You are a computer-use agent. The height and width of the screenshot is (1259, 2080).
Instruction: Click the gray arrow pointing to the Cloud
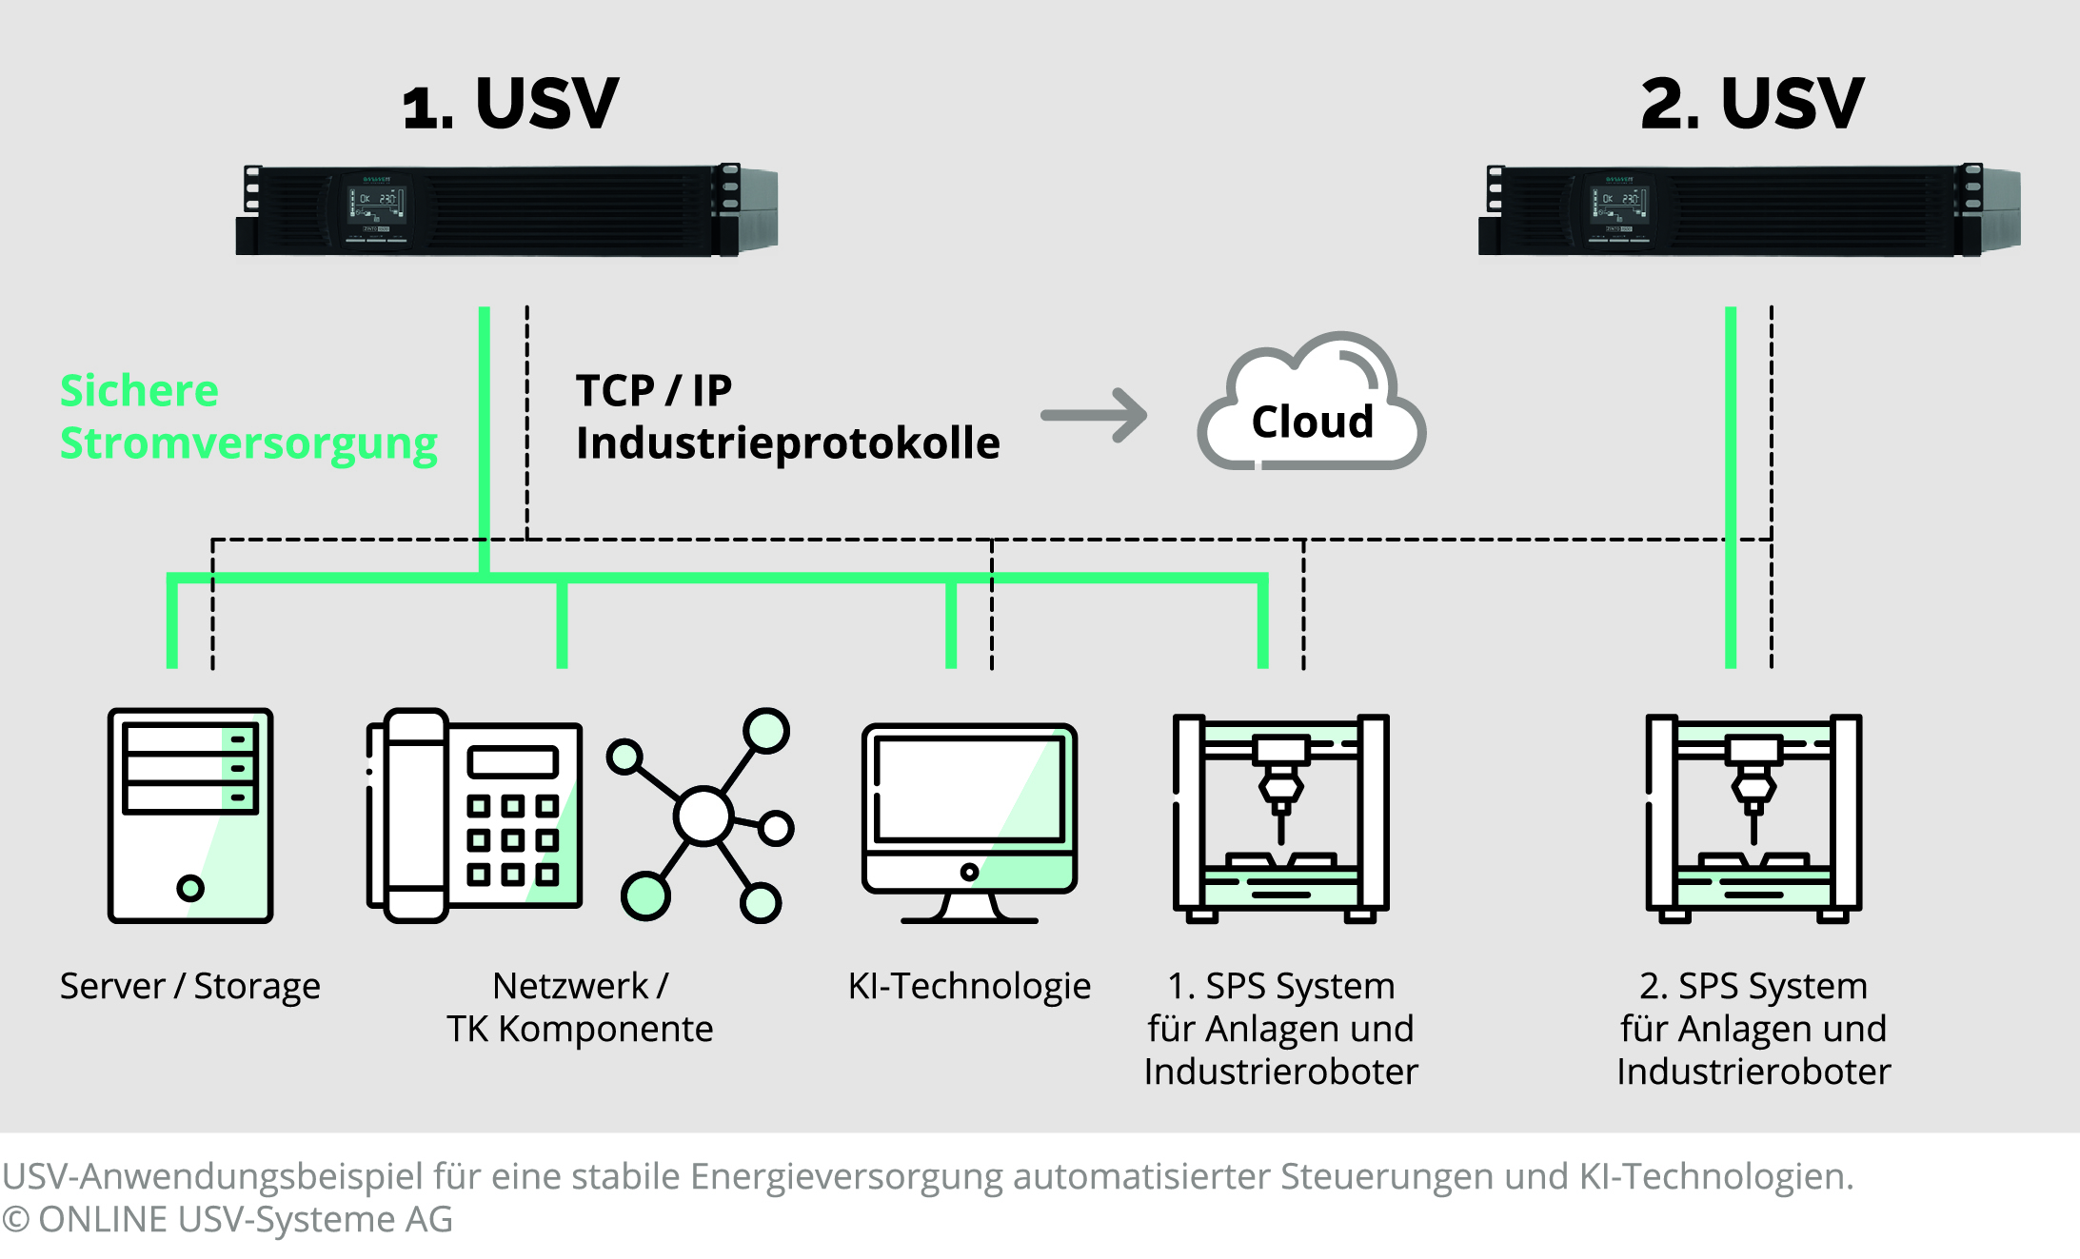1095,415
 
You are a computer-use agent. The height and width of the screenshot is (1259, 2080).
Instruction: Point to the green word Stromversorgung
248,443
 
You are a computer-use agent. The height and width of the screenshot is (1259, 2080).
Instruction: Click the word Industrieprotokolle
787,443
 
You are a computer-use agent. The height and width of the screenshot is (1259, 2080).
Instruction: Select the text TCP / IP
653,390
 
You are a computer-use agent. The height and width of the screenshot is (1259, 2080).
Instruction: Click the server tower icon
190,815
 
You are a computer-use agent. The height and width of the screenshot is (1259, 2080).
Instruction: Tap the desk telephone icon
473,815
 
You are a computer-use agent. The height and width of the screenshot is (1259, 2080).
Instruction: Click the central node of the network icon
703,816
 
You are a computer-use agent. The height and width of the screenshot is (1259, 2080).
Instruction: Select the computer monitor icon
969,818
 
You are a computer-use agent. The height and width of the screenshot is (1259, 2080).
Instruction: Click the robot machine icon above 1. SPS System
1280,816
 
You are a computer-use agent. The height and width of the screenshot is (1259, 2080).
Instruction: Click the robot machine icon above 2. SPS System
1753,816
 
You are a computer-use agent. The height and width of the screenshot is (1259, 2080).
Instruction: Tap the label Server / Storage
189,986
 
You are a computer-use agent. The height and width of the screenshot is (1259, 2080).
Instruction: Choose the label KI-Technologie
969,986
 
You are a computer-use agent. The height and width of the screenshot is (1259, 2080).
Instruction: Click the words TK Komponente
580,1029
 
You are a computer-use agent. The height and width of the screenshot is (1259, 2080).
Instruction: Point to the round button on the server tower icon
190,888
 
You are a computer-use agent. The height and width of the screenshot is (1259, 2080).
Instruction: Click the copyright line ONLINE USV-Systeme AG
228,1219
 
